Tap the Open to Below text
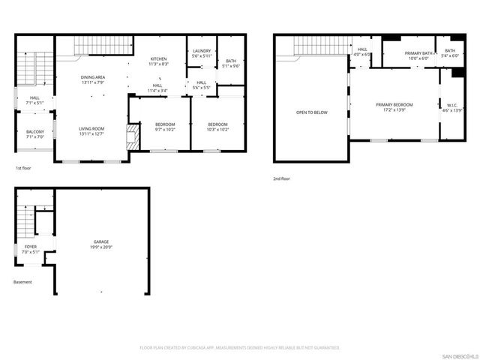pos(311,112)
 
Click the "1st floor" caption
pos(23,168)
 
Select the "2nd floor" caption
pos(281,178)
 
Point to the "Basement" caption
pos(22,282)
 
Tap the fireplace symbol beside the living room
pos(133,137)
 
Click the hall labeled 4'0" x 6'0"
pos(362,52)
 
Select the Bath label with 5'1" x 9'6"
pos(230,63)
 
